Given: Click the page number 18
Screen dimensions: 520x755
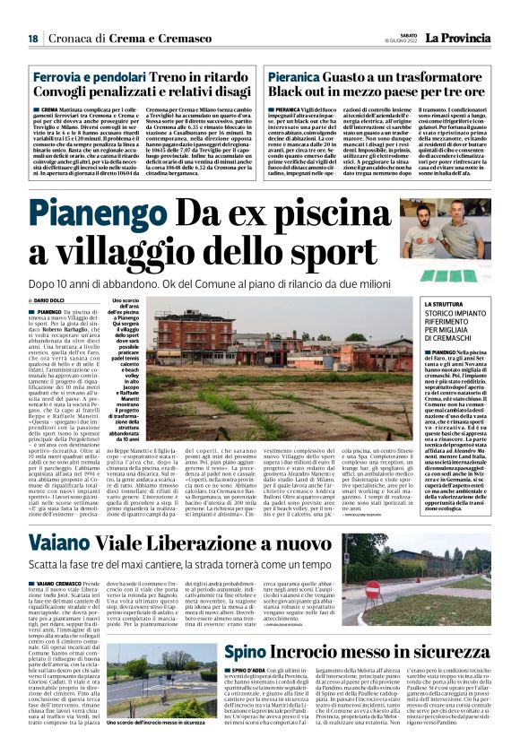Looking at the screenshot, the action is coord(32,39).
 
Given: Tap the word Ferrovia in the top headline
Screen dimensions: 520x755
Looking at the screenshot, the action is coord(59,78).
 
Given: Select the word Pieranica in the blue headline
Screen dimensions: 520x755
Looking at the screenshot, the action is coord(298,78).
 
